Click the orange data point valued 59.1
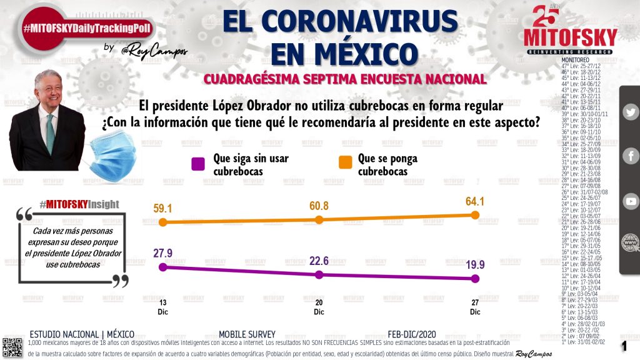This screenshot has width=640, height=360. point(163,222)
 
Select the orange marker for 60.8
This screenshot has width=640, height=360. point(319,219)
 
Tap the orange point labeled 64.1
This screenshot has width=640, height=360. point(475,215)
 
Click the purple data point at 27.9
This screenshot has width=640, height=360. point(163,267)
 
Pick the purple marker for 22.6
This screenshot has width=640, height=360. point(319,274)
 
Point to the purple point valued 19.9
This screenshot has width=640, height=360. point(475,279)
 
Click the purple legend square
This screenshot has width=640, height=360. point(198,164)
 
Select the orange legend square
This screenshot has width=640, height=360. point(344,164)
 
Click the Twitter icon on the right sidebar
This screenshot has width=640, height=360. point(631,112)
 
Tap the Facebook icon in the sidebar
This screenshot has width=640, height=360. point(631,156)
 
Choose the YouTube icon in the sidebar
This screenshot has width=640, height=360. point(631,201)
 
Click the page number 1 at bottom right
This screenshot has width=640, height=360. point(623,346)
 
